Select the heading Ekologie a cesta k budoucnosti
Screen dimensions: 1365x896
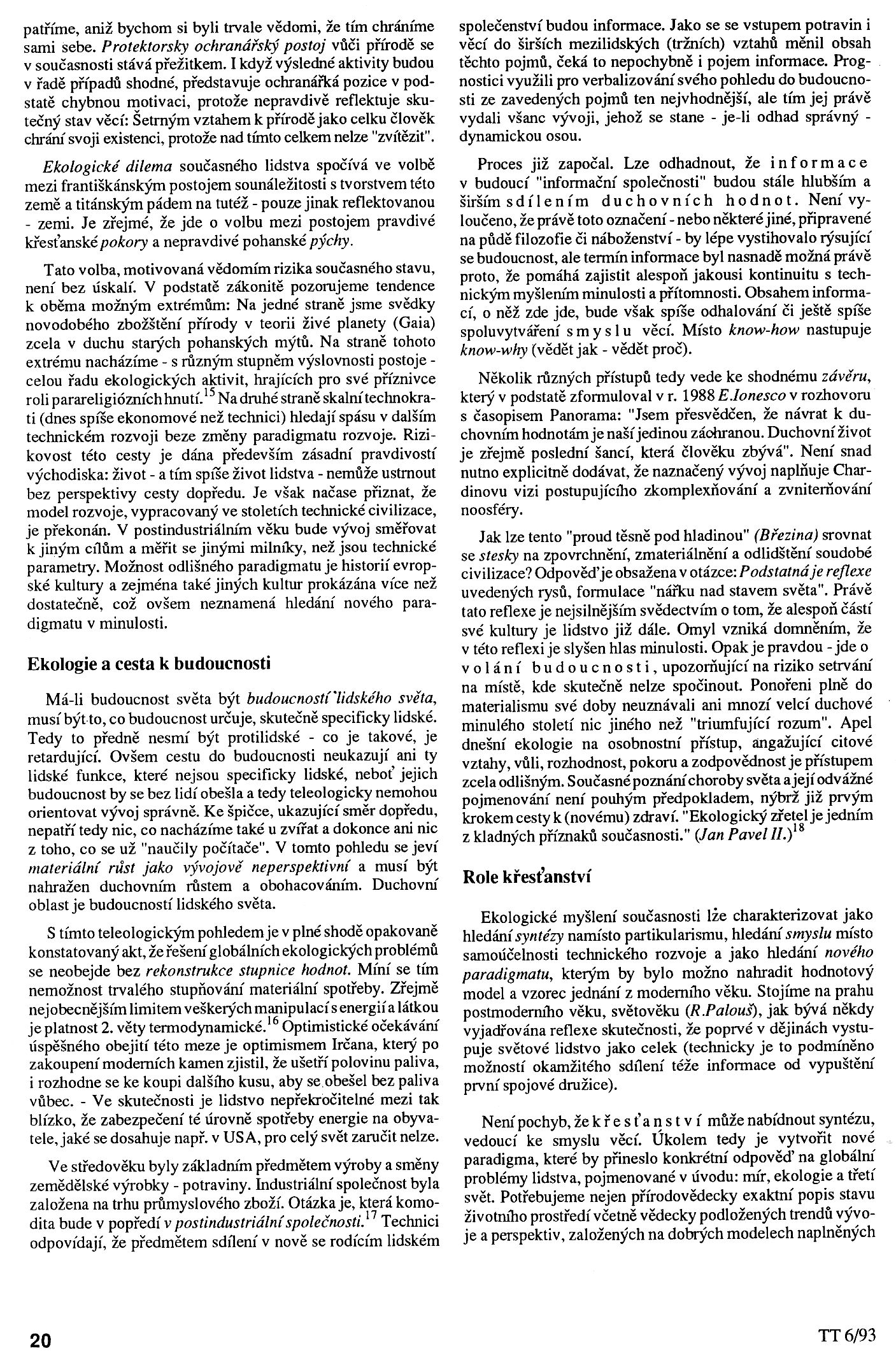[149, 663]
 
